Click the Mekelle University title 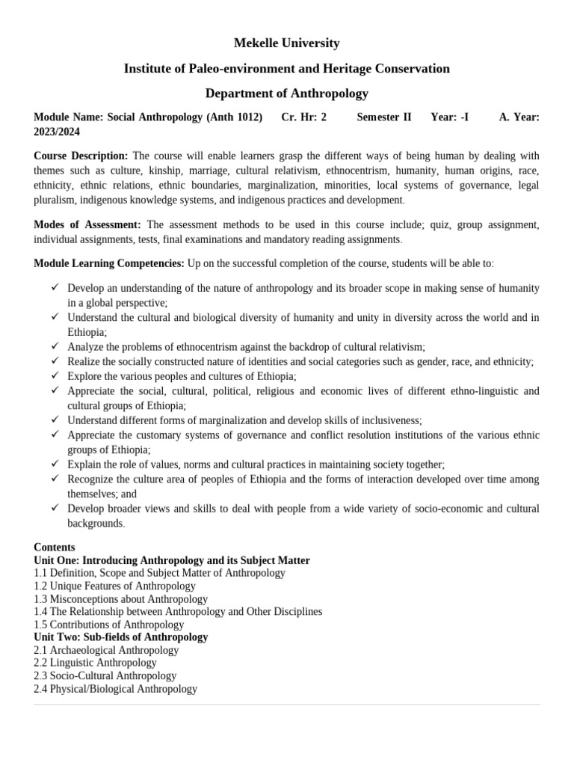pyautogui.click(x=287, y=43)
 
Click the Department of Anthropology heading pyautogui.click(x=287, y=94)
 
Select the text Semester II pyautogui.click(x=384, y=117)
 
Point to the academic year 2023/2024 pyautogui.click(x=58, y=131)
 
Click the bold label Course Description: pyautogui.click(x=81, y=156)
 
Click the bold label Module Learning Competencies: pyautogui.click(x=109, y=263)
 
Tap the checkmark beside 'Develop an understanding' pyautogui.click(x=56, y=288)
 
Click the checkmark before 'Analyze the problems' pyautogui.click(x=56, y=346)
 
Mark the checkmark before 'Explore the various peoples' pyautogui.click(x=56, y=376)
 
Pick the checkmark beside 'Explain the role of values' pyautogui.click(x=56, y=464)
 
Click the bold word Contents pyautogui.click(x=55, y=548)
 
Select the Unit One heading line pyautogui.click(x=172, y=560)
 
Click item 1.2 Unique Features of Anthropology pyautogui.click(x=104, y=586)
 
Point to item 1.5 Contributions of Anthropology pyautogui.click(x=109, y=624)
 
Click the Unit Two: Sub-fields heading pyautogui.click(x=121, y=637)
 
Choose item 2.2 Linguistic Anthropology pyautogui.click(x=96, y=662)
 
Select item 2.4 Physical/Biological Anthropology pyautogui.click(x=116, y=688)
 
